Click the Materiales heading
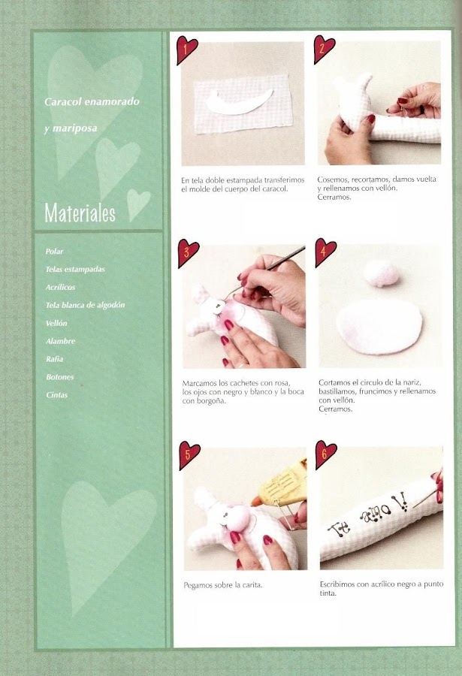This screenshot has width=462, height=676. pyautogui.click(x=80, y=213)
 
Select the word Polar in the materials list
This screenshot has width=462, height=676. pyautogui.click(x=54, y=252)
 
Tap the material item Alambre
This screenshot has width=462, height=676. pyautogui.click(x=60, y=341)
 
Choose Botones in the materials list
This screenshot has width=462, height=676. pyautogui.click(x=60, y=377)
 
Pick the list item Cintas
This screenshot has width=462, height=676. pyautogui.click(x=57, y=395)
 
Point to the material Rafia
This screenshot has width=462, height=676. pyautogui.click(x=54, y=359)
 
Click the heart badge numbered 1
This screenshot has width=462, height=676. pyautogui.click(x=186, y=50)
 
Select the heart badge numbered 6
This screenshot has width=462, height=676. pyautogui.click(x=325, y=454)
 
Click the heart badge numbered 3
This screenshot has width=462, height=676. pyautogui.click(x=188, y=252)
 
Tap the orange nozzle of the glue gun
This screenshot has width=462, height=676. pyautogui.click(x=256, y=501)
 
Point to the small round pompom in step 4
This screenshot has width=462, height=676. pyautogui.click(x=382, y=273)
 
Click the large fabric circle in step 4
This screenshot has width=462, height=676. pyautogui.click(x=379, y=327)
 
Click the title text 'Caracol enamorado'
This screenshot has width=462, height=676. pyautogui.click(x=92, y=101)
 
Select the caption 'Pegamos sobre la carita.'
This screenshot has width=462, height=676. pyautogui.click(x=223, y=585)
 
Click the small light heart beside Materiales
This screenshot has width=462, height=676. pyautogui.click(x=138, y=203)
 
